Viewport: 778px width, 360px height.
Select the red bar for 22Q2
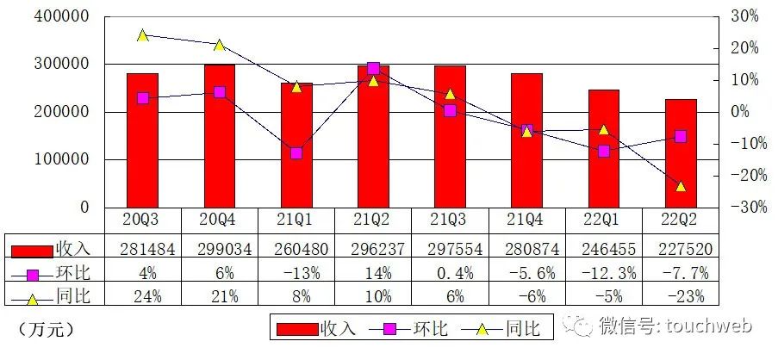pos(681,152)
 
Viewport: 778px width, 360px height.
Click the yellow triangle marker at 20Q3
pos(142,35)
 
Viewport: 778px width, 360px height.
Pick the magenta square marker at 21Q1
pos(296,153)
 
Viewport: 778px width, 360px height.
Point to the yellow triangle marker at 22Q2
pos(681,186)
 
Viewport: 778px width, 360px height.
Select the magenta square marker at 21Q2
pos(373,68)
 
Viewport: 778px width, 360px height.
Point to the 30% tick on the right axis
pos(742,16)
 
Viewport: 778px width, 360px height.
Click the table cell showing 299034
pos(219,249)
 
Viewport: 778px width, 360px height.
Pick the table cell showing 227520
pos(681,249)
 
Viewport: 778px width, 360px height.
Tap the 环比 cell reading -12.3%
pos(604,272)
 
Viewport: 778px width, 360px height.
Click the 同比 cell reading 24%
pos(142,296)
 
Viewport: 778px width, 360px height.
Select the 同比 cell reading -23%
pos(681,296)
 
